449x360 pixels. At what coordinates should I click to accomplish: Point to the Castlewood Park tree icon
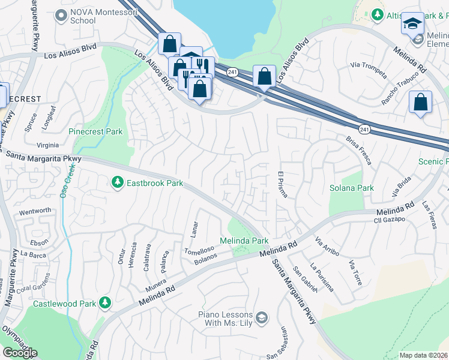pyautogui.click(x=106, y=302)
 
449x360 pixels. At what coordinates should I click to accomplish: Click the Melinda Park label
pyautogui.click(x=244, y=241)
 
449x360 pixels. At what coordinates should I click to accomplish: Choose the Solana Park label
pyautogui.click(x=351, y=188)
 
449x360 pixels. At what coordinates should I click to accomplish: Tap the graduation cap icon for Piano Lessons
pyautogui.click(x=261, y=317)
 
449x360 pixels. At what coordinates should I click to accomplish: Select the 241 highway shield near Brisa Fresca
pyautogui.click(x=364, y=129)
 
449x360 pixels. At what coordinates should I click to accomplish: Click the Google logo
pyautogui.click(x=20, y=353)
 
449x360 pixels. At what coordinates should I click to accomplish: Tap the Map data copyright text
pyautogui.click(x=423, y=355)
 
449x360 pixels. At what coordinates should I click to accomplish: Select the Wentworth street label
pyautogui.click(x=35, y=211)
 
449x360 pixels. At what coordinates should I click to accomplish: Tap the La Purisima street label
pyautogui.click(x=321, y=277)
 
